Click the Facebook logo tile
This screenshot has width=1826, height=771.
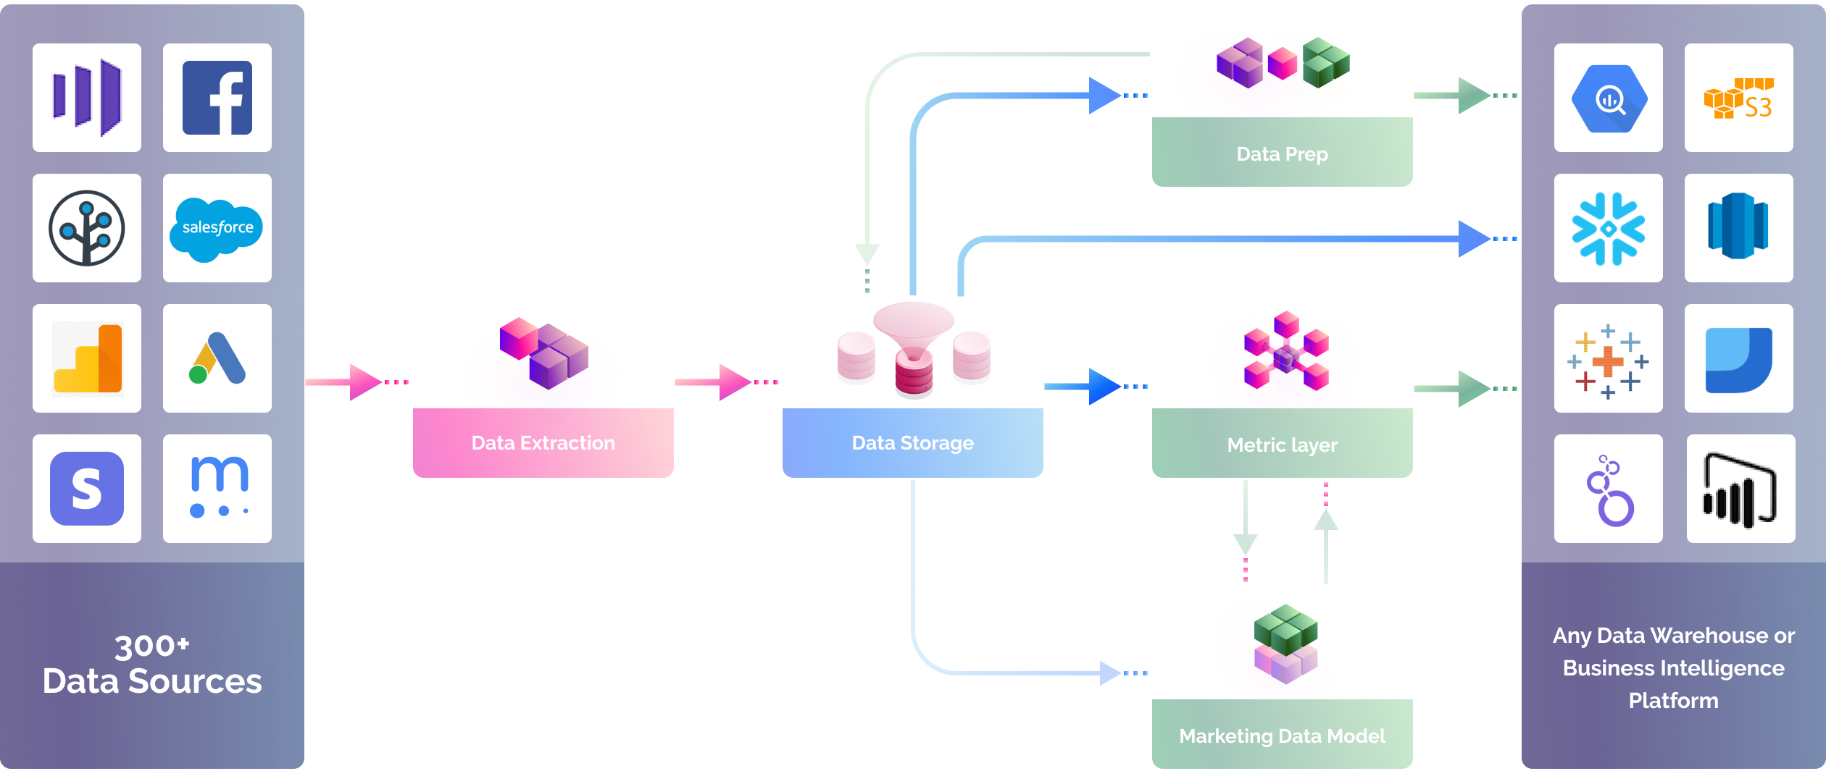pyautogui.click(x=217, y=98)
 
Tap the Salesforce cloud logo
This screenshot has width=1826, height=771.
pyautogui.click(x=217, y=228)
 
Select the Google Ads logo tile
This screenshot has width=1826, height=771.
pyautogui.click(x=217, y=358)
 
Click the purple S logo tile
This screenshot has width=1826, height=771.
pyautogui.click(x=87, y=489)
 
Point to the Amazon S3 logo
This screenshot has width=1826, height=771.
pyautogui.click(x=1738, y=98)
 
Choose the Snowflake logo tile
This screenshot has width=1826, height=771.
pyautogui.click(x=1608, y=228)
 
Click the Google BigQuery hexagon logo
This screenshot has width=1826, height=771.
pyautogui.click(x=1608, y=98)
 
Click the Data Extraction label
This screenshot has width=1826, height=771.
pyautogui.click(x=543, y=443)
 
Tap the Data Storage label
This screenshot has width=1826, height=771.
pyautogui.click(x=912, y=443)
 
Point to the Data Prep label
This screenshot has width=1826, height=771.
pyautogui.click(x=1282, y=154)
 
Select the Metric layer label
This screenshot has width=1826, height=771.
pyautogui.click(x=1282, y=445)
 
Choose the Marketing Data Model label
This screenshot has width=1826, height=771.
pyautogui.click(x=1282, y=736)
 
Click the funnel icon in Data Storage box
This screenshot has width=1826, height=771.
pyautogui.click(x=914, y=329)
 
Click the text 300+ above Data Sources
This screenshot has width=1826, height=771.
pyautogui.click(x=151, y=646)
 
